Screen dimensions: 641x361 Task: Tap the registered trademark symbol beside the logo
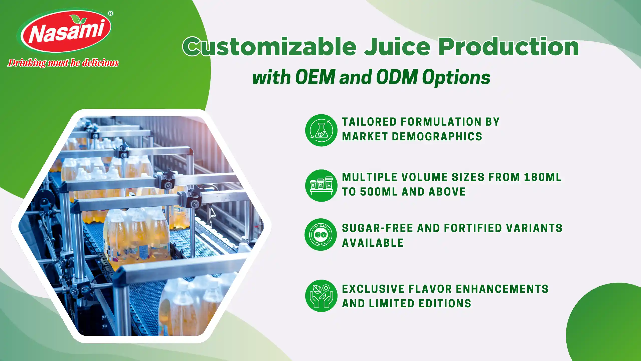(x=110, y=13)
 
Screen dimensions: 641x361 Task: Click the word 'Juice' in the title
(x=397, y=47)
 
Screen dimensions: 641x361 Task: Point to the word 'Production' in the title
(x=509, y=47)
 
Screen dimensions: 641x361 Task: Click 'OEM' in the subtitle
(x=315, y=77)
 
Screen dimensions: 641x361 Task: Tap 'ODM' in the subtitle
(x=397, y=77)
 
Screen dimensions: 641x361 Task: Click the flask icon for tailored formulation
(x=321, y=130)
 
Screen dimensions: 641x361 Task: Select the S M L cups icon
(x=321, y=186)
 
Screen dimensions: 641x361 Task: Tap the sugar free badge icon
(x=321, y=235)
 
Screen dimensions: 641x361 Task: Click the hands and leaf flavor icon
(x=321, y=296)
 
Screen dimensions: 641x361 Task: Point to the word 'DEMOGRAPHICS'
(x=437, y=137)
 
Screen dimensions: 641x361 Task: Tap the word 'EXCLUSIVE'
(x=373, y=289)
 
